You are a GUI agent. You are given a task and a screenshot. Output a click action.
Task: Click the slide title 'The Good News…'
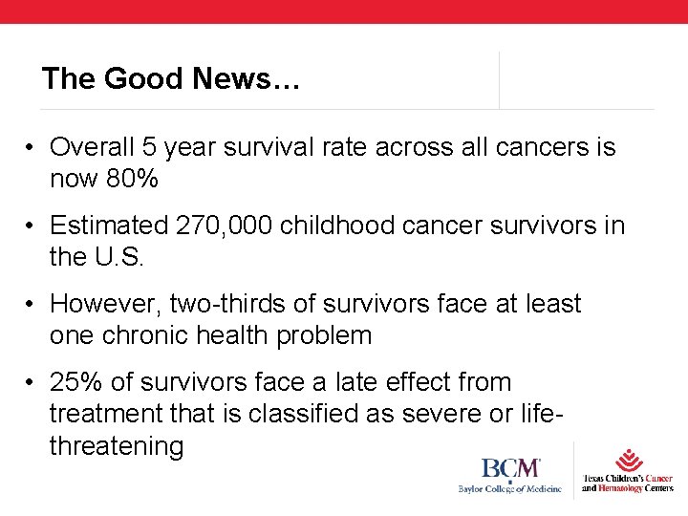click(x=171, y=78)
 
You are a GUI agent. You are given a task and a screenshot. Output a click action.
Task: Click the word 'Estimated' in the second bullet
click(x=109, y=226)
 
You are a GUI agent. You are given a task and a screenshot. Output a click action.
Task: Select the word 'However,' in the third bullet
click(x=105, y=304)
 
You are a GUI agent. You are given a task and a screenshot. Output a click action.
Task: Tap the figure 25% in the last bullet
click(x=76, y=382)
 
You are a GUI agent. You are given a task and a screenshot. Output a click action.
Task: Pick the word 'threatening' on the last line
click(x=116, y=445)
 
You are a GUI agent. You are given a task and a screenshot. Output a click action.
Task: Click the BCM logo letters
click(x=510, y=469)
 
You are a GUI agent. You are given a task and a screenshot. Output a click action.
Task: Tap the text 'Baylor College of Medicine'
click(x=509, y=489)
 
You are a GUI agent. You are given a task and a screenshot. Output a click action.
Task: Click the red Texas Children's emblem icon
click(x=628, y=460)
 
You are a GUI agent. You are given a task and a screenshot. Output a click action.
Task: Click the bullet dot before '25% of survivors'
click(x=32, y=383)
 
